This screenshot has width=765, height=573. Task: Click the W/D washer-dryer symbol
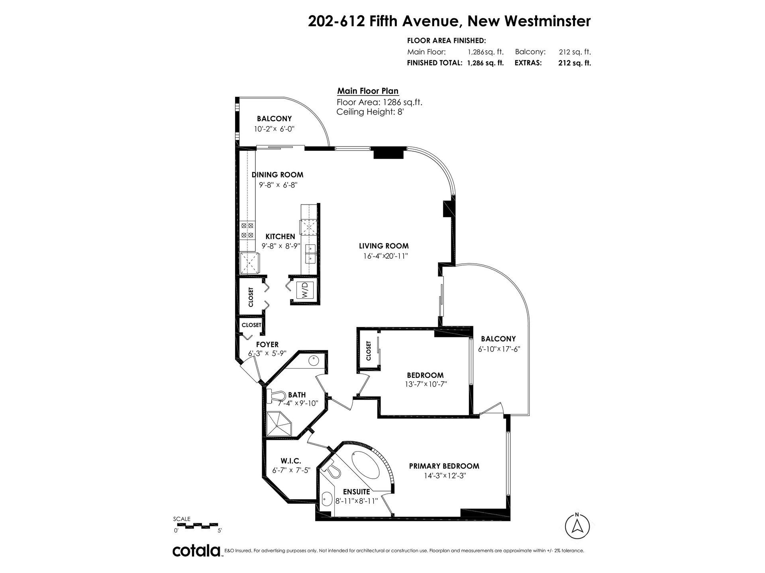[305, 290]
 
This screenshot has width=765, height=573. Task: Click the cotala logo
[197, 551]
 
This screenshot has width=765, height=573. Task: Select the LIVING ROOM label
[384, 246]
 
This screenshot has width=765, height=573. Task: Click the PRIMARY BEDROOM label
[444, 466]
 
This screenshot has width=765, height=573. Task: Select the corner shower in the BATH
[280, 424]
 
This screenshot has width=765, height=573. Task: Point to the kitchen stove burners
[247, 230]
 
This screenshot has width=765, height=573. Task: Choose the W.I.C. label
[290, 460]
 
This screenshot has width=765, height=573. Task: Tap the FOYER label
[267, 345]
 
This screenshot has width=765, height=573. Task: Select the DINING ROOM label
[277, 175]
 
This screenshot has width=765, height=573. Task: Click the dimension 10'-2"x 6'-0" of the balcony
[274, 129]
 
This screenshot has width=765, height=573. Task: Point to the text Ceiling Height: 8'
[371, 112]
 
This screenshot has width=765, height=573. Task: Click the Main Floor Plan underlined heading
[368, 91]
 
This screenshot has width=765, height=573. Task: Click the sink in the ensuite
[327, 499]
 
